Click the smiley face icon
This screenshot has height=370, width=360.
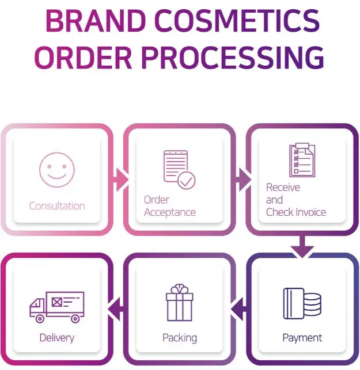[x=56, y=169]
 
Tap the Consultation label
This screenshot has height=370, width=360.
[x=57, y=205]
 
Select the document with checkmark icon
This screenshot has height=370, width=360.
[x=179, y=169]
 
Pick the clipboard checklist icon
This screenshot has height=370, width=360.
[x=302, y=160]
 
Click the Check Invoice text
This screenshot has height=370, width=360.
[x=296, y=212]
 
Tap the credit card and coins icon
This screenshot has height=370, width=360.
[x=302, y=303]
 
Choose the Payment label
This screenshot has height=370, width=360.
[x=302, y=337]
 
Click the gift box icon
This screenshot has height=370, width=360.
[x=180, y=302]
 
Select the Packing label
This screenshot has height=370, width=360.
[x=180, y=337]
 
